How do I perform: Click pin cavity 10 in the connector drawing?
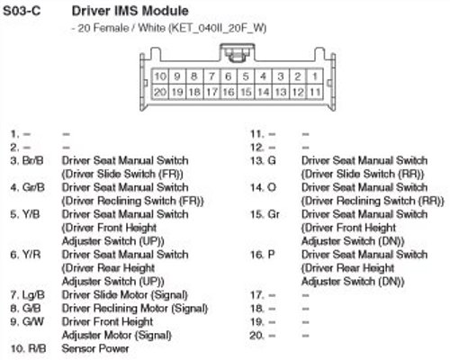(160, 76)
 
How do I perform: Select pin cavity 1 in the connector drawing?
(315, 76)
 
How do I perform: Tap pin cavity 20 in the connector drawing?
(160, 92)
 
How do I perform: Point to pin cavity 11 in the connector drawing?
(315, 92)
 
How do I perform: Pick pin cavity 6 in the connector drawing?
(229, 76)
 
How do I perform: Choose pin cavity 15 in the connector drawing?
(246, 92)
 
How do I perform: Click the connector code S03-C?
(22, 11)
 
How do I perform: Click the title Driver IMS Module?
(130, 11)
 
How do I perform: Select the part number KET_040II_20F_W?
(218, 28)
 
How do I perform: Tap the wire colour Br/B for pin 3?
(33, 160)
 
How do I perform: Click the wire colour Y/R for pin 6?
(31, 255)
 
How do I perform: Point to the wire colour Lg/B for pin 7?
(33, 295)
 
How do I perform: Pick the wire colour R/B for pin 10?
(37, 348)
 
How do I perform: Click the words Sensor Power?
(95, 348)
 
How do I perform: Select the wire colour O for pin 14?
(272, 187)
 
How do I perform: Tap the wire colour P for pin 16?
(271, 255)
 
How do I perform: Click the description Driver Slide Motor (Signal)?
(125, 295)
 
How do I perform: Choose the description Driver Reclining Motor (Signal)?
(135, 309)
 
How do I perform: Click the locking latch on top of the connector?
(238, 53)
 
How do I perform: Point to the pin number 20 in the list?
(256, 336)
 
